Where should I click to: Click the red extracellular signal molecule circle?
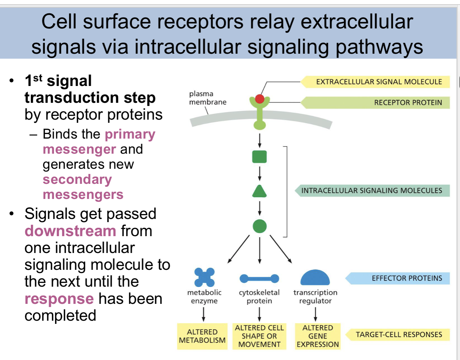tap(260, 99)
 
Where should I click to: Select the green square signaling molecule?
tap(259, 157)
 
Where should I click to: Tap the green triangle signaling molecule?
tap(259, 192)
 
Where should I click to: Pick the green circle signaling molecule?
tap(260, 226)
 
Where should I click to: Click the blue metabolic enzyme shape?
tap(205, 277)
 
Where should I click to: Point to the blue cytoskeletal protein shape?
tap(259, 279)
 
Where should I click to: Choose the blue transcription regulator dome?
tap(315, 278)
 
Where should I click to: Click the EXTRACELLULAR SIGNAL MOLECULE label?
tap(379, 82)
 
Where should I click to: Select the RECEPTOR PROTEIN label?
tap(408, 102)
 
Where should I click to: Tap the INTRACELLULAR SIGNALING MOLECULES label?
tap(372, 191)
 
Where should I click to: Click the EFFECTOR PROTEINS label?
tap(407, 278)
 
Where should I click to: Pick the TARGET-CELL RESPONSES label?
tap(399, 334)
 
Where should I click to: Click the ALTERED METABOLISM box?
tap(202, 336)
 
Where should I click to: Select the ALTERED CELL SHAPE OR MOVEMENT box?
tap(259, 336)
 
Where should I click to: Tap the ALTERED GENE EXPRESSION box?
tap(318, 336)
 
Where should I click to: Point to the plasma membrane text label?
tap(207, 98)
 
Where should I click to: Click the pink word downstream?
tap(70, 231)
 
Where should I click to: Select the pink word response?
tap(59, 299)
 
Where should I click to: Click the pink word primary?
tap(130, 134)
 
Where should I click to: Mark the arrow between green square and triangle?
tap(260, 174)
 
